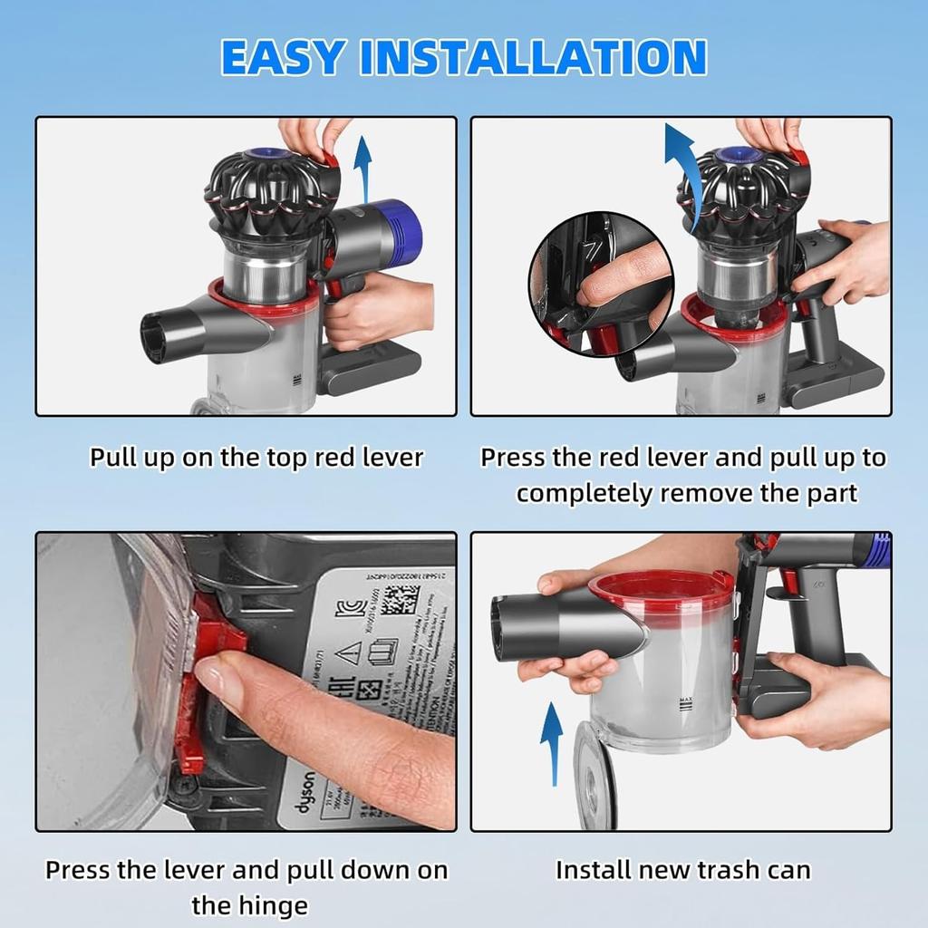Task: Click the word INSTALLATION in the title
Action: point(533,57)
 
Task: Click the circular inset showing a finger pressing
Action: point(602,285)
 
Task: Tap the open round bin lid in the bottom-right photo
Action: point(594,775)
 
